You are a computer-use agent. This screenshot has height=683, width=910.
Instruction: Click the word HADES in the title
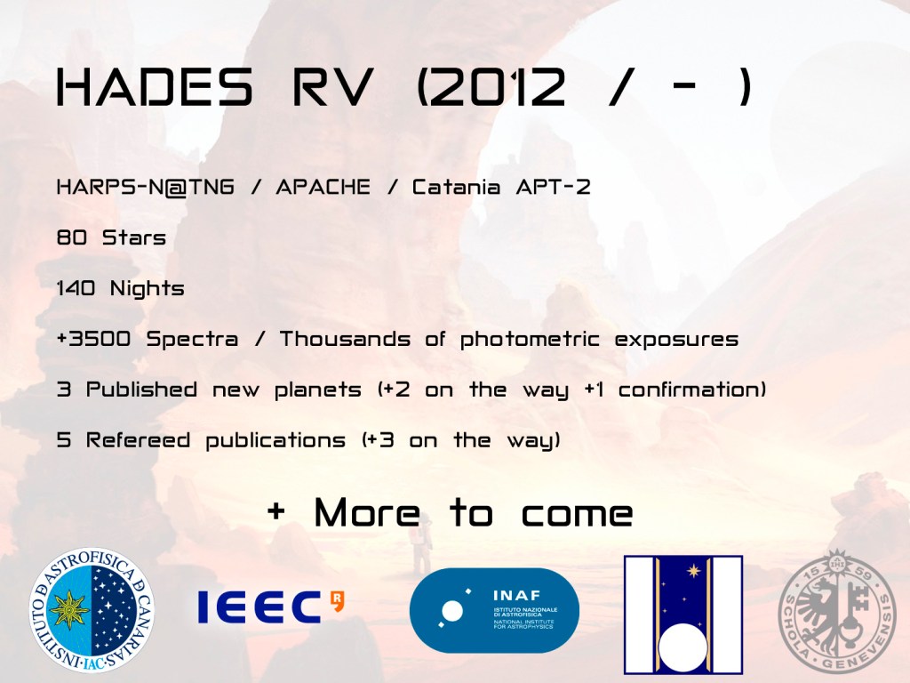(x=155, y=87)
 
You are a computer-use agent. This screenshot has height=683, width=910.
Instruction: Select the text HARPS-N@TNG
(x=146, y=187)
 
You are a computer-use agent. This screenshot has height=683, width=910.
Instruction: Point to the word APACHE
(x=323, y=187)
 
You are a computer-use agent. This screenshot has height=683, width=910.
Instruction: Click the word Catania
(x=456, y=187)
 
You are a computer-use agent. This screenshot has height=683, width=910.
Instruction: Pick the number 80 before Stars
(x=72, y=237)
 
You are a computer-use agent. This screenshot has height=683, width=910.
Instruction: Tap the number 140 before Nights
(x=76, y=288)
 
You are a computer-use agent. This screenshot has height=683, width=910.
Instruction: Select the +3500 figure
(x=94, y=339)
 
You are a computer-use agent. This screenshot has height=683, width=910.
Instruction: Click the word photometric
(x=530, y=340)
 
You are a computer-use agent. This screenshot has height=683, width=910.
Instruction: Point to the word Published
(x=141, y=390)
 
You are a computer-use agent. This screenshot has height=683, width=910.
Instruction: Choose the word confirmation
(x=689, y=390)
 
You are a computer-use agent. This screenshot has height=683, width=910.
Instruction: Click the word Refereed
(x=138, y=440)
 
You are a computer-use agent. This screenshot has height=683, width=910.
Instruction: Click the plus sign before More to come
(x=276, y=511)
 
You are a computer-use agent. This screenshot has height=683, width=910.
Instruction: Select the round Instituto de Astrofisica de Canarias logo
(x=92, y=610)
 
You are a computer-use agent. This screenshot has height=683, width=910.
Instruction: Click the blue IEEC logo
(x=270, y=607)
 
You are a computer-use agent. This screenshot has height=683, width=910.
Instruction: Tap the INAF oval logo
(x=494, y=610)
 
